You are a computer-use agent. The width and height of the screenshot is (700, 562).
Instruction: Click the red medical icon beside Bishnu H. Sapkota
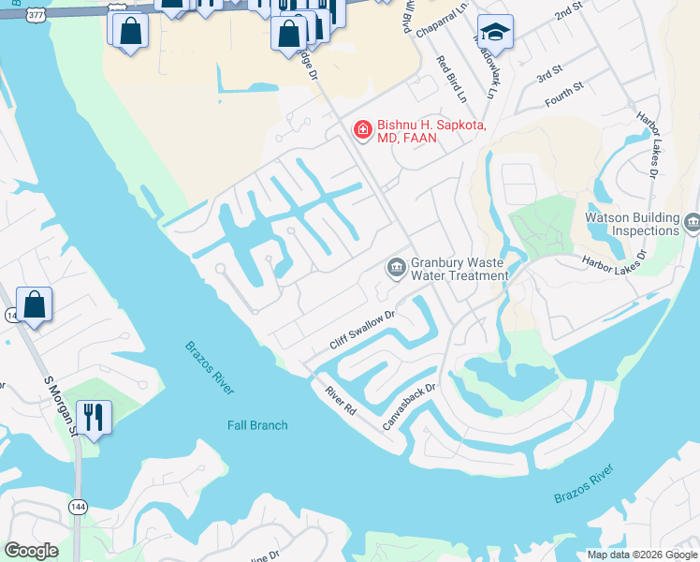click(x=360, y=129)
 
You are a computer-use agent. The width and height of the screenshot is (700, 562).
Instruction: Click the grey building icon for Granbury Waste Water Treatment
click(x=396, y=269)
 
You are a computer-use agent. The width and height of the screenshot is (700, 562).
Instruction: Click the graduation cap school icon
click(x=495, y=33)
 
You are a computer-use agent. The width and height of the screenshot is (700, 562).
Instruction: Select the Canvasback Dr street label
click(x=410, y=407)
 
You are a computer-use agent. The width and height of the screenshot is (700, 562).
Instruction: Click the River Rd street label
click(x=342, y=401)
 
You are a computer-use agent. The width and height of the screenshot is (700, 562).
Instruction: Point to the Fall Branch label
click(x=257, y=425)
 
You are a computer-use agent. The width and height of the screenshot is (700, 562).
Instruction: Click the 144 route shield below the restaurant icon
click(x=79, y=506)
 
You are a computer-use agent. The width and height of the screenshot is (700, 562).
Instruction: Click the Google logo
click(x=31, y=551)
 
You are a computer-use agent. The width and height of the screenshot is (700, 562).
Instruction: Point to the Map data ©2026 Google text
click(x=641, y=555)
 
